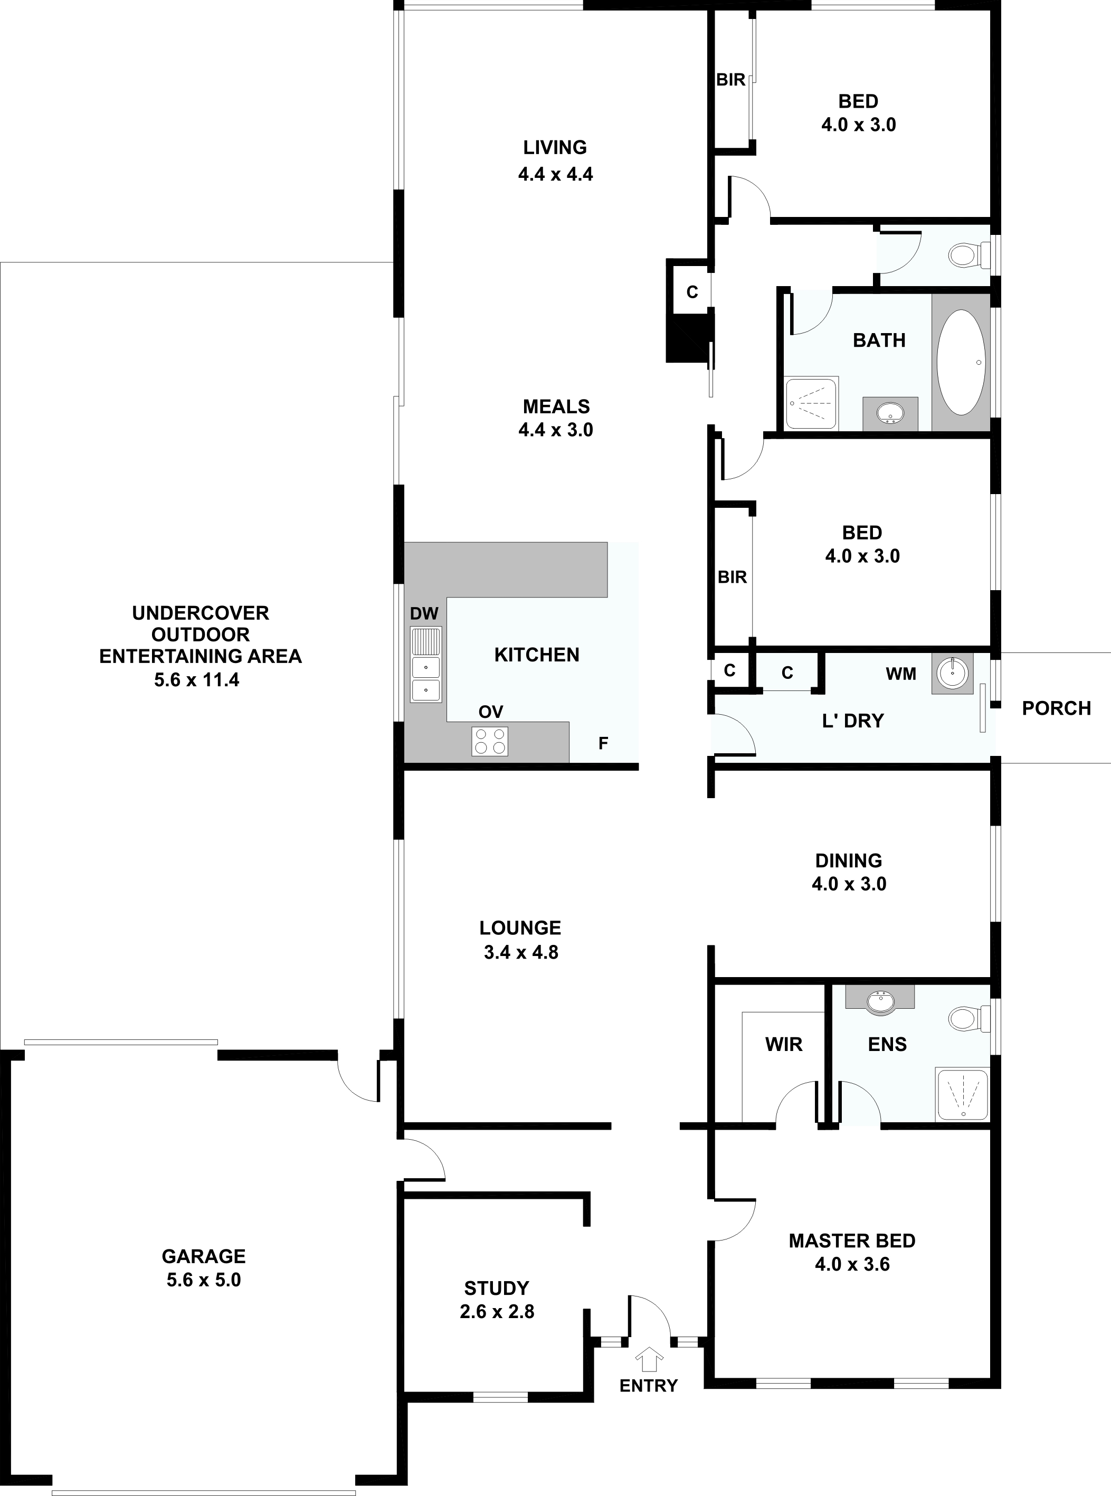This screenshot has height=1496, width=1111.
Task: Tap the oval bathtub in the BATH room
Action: tap(962, 362)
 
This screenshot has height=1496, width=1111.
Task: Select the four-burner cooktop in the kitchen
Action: tap(490, 741)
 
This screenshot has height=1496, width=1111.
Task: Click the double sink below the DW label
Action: tap(426, 665)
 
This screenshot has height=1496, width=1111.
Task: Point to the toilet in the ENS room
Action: tap(968, 1018)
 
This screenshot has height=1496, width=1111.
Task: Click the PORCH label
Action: tap(1056, 708)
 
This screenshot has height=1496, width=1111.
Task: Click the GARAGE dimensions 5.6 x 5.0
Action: tap(204, 1280)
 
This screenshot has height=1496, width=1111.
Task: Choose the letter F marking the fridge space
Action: tap(603, 743)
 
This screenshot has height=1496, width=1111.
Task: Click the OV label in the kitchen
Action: tap(491, 712)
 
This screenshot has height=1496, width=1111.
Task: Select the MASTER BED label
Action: tap(852, 1241)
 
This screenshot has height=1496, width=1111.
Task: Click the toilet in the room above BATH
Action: tap(969, 254)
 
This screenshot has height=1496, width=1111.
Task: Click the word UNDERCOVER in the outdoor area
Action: tap(201, 613)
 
